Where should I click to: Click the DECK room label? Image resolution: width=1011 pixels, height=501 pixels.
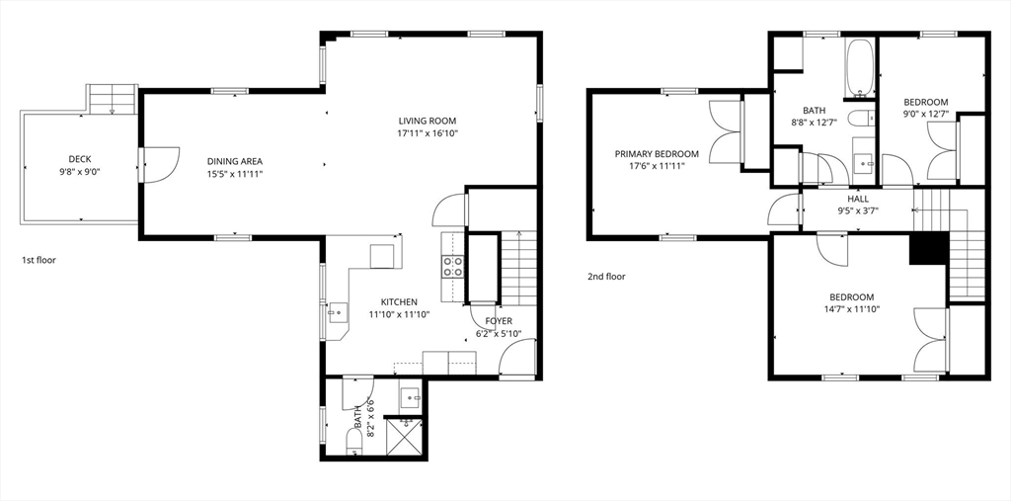pos(80,159)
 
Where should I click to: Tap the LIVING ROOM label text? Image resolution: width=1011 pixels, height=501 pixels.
pos(427,121)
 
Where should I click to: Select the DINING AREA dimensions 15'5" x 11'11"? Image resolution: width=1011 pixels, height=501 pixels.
pos(235,174)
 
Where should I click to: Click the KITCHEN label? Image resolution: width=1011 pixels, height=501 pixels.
pos(399,301)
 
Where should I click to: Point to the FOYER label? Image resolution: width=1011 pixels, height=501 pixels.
pos(499,321)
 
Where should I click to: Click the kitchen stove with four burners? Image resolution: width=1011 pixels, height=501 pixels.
pos(452,266)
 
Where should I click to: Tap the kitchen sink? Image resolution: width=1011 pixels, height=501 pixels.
pos(337,313)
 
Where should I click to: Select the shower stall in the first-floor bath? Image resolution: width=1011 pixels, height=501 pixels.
pos(403,437)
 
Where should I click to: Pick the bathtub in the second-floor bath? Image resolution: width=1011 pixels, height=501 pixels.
pos(860,68)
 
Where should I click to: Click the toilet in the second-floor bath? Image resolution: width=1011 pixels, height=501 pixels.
pos(861,119)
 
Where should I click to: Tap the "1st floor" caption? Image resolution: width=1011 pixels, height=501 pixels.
pos(39,260)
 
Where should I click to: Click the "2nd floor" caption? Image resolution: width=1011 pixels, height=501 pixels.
pos(606,277)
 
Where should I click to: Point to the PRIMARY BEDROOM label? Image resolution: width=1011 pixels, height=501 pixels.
pos(657,154)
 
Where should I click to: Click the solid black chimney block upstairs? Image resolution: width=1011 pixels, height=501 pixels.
pos(929,248)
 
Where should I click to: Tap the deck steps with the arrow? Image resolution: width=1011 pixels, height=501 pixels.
pos(113,100)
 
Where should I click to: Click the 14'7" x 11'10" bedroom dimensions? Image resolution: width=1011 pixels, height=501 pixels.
pos(851,308)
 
